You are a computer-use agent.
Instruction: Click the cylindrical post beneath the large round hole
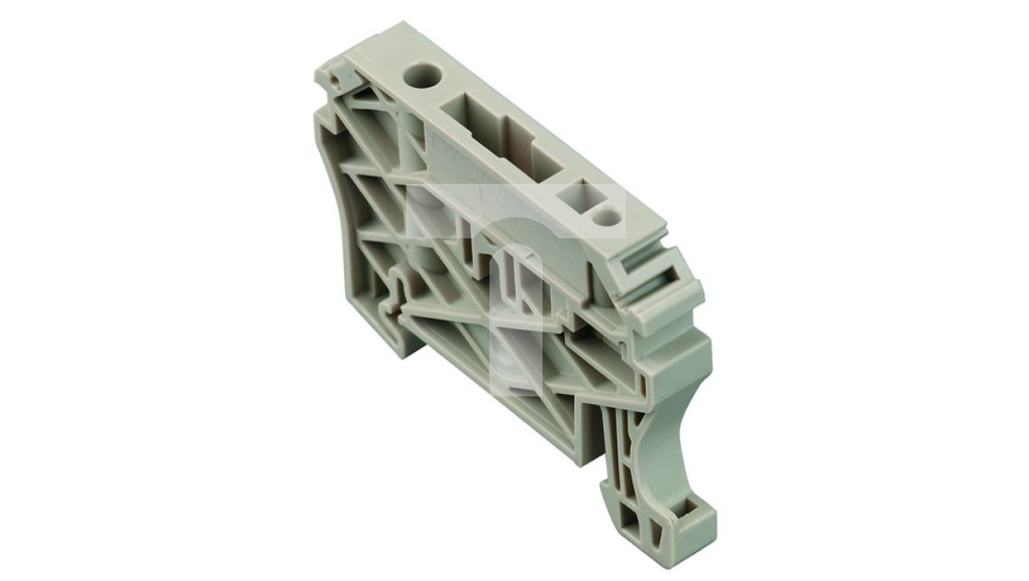[x=416, y=151]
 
